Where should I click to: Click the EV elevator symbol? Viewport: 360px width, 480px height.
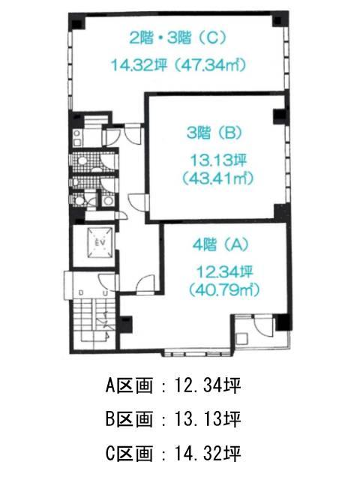click(x=100, y=243)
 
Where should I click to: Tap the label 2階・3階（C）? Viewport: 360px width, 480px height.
click(x=178, y=38)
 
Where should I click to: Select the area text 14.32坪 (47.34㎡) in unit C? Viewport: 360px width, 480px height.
click(x=179, y=65)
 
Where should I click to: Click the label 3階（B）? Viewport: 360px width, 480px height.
click(x=214, y=133)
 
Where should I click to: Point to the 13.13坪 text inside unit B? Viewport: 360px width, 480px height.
click(x=218, y=160)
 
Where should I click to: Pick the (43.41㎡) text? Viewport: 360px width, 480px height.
click(x=218, y=178)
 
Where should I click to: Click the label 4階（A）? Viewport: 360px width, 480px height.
click(x=220, y=244)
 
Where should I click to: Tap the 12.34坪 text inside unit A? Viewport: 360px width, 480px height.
click(x=224, y=271)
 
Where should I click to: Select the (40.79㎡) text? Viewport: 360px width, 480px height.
click(x=224, y=289)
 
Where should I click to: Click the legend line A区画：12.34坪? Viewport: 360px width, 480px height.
click(x=173, y=385)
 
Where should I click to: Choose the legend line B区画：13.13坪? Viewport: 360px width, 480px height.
click(x=173, y=419)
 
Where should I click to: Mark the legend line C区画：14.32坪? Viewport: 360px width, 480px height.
click(x=173, y=453)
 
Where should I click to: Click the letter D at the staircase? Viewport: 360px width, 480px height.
click(x=81, y=293)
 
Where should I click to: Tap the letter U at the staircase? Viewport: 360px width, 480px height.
click(x=105, y=293)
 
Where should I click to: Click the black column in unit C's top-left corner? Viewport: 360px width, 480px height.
click(x=76, y=22)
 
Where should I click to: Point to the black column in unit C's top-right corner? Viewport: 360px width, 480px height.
click(x=277, y=21)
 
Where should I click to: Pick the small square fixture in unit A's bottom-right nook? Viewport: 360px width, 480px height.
click(x=242, y=338)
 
